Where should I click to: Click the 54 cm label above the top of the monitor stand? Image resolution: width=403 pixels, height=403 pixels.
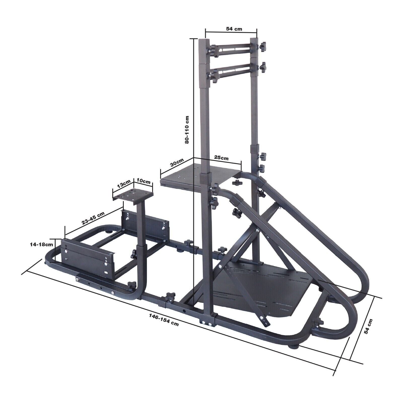[234, 29]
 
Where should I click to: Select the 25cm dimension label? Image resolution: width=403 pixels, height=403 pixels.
[221, 158]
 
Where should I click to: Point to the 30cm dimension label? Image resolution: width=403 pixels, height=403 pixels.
[177, 163]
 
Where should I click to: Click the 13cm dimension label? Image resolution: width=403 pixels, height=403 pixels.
[124, 184]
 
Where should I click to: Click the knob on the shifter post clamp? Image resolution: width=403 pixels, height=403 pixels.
[133, 253]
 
